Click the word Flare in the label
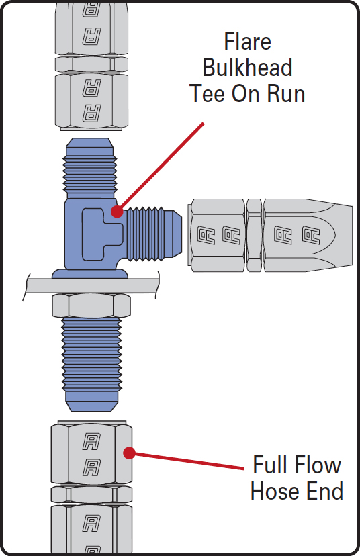[x=248, y=42]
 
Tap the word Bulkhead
[x=248, y=67]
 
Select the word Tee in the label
[x=207, y=93]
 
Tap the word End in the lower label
[x=325, y=491]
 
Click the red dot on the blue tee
[x=117, y=212]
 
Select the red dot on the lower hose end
[x=129, y=453]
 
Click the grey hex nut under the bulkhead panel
[x=91, y=306]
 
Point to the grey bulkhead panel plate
[x=91, y=286]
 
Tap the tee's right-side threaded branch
[x=154, y=234]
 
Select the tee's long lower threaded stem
[x=91, y=364]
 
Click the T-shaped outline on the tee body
[x=103, y=234]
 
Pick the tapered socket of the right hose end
[x=308, y=236]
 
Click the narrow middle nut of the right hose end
[x=254, y=236]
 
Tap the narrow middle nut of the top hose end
[x=91, y=64]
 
